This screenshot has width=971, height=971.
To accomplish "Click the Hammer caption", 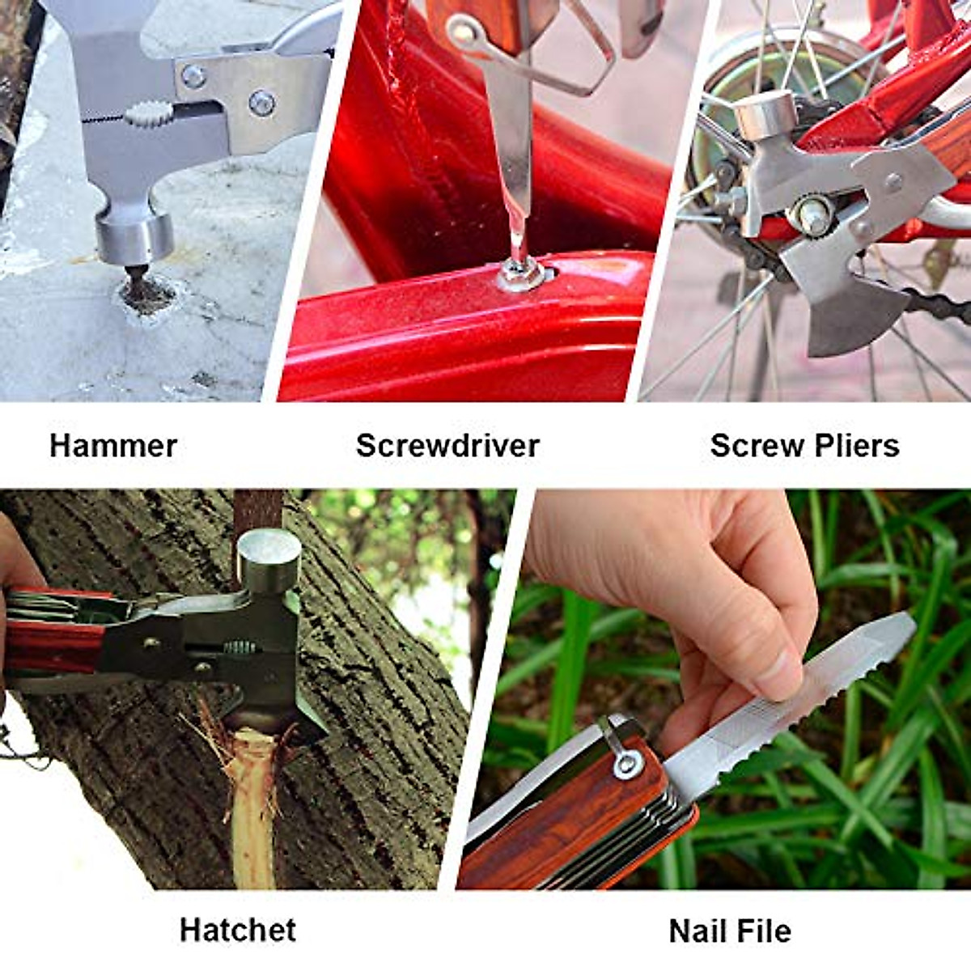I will (x=113, y=446).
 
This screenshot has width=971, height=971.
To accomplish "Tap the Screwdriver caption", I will (x=447, y=446).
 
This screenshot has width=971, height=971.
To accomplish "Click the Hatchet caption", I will (x=238, y=930).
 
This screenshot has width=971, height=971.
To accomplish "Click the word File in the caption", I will (x=764, y=931).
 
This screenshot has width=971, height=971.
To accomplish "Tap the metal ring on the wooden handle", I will (x=625, y=761).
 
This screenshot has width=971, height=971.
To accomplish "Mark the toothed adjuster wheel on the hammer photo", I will (x=147, y=114).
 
